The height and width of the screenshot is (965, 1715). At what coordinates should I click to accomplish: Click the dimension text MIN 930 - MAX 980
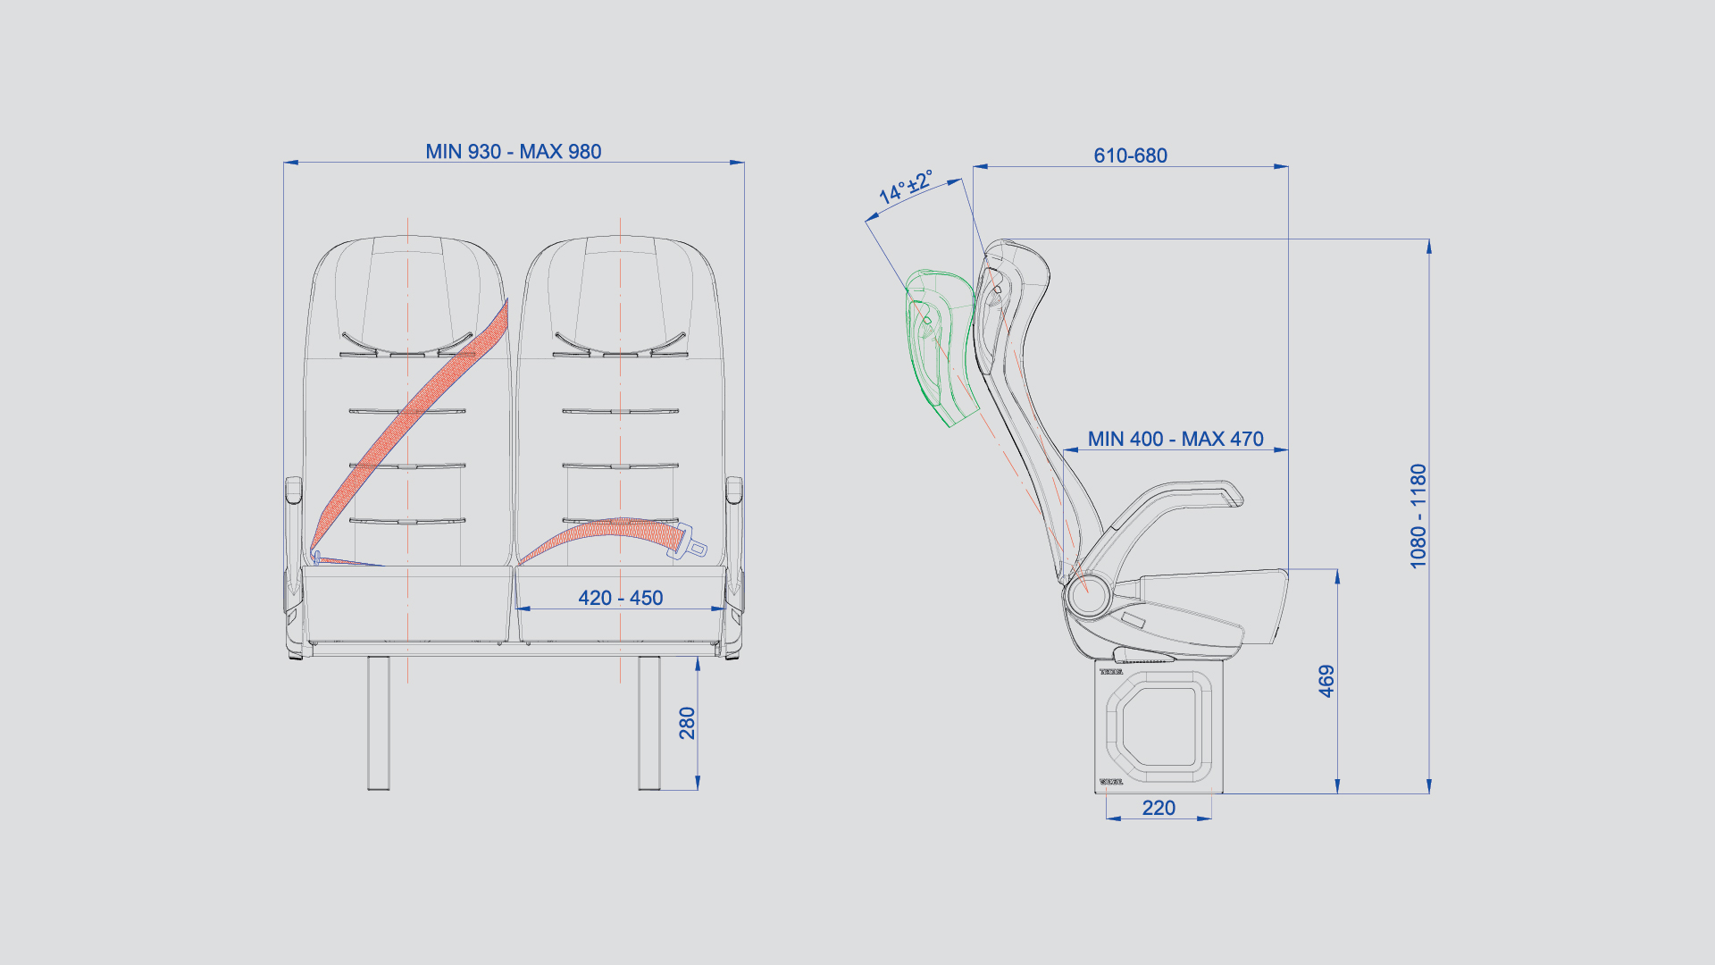point(514,152)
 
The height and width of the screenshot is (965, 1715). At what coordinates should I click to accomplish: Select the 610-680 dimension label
point(1130,155)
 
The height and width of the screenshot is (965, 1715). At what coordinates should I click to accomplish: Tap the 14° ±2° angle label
point(906,187)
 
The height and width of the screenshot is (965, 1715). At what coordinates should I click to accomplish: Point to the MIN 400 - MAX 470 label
point(1175,439)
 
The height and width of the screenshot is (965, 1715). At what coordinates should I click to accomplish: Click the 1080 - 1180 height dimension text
point(1418,516)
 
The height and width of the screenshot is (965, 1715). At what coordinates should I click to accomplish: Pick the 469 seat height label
point(1326,681)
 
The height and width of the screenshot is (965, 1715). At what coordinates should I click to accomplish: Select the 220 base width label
point(1159,808)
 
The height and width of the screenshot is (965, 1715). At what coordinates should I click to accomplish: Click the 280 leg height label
point(687,723)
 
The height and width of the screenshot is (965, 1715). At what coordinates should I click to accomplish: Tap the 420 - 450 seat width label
point(621,598)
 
